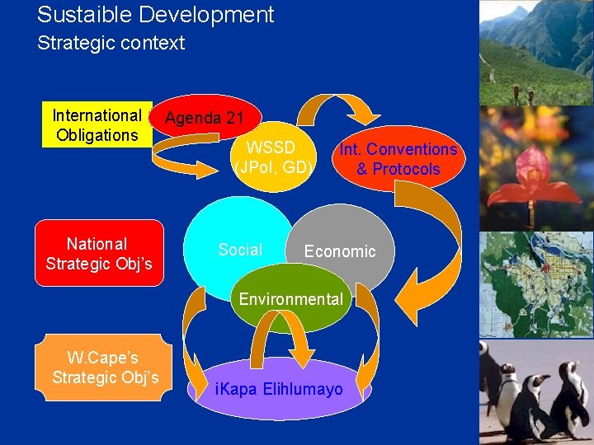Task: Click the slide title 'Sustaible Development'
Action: pyautogui.click(x=155, y=15)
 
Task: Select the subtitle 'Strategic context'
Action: pyautogui.click(x=111, y=43)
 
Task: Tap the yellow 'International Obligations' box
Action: pyautogui.click(x=97, y=125)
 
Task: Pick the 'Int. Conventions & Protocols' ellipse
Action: pyautogui.click(x=398, y=159)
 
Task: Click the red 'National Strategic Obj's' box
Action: pyautogui.click(x=99, y=253)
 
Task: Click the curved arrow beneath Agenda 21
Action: pyautogui.click(x=190, y=149)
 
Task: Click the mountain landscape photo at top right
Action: pyautogui.click(x=536, y=52)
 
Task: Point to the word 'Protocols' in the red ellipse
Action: pyautogui.click(x=398, y=170)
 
